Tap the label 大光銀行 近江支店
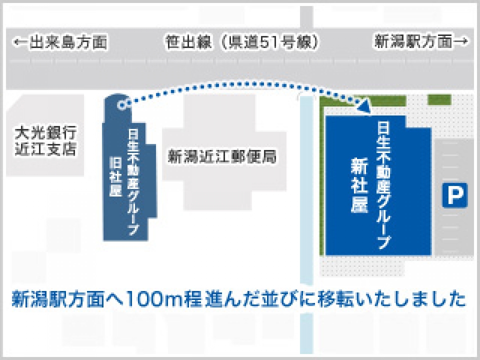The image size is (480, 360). coord(45,141)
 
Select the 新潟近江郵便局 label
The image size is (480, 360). coord(222,157)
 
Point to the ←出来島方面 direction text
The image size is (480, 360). coord(60,42)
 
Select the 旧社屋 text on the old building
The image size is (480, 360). coord(115,177)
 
